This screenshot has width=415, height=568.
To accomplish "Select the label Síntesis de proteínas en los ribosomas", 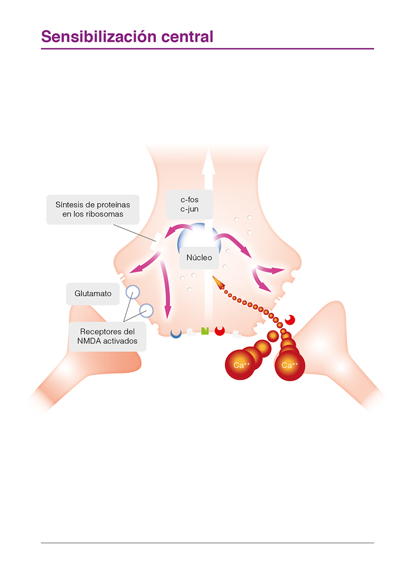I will pos(92,209).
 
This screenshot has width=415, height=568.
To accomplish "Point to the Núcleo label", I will pos(199,258).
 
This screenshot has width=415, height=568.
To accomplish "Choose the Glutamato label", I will pos(93,293).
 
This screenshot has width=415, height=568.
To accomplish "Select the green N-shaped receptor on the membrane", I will pos(205,331).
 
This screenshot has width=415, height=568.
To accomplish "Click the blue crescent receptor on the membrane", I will pos(175,333).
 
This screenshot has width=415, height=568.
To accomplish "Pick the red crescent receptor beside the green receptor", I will pos(220,330).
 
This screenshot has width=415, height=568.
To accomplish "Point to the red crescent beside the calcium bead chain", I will pos(291,320).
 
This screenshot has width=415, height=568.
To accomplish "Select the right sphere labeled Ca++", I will pos(290,364).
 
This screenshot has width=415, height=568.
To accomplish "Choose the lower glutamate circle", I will pos(147,310).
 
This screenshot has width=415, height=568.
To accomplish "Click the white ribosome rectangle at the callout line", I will pos(155,242).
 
